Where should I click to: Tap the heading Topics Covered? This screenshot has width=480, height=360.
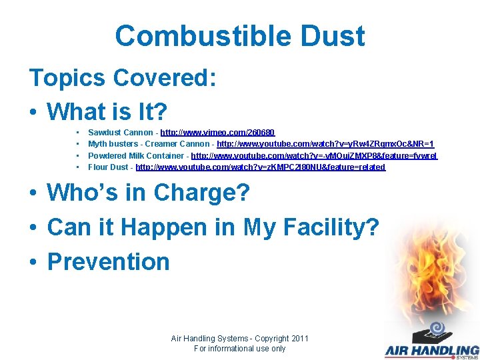click(123, 78)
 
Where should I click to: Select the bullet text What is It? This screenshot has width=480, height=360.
click(107, 111)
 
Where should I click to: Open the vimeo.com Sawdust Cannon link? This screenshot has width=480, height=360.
click(217, 133)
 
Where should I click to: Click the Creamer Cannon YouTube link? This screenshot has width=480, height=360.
click(325, 144)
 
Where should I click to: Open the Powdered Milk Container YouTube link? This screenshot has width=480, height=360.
click(314, 155)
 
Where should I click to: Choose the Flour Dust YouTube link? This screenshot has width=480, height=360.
click(260, 167)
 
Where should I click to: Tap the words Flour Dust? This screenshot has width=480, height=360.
click(109, 167)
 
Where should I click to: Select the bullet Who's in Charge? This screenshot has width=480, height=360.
click(148, 193)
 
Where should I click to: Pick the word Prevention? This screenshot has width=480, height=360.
click(109, 261)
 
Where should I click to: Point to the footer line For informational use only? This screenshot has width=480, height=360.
click(239, 348)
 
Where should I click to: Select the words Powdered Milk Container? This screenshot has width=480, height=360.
click(137, 155)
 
